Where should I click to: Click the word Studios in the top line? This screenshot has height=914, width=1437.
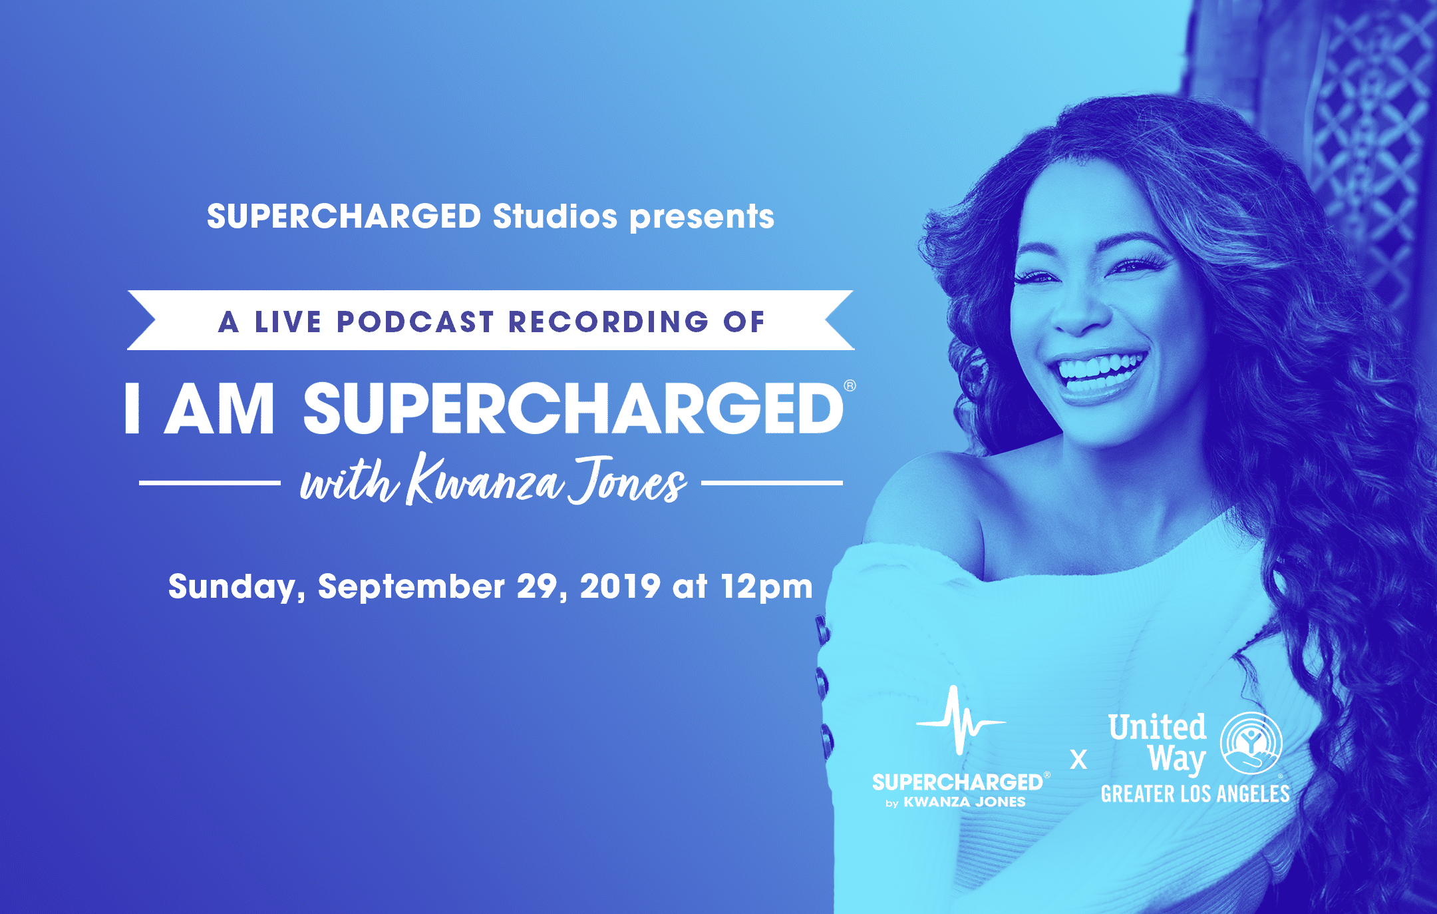tap(555, 216)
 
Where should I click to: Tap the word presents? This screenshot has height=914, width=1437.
tap(702, 218)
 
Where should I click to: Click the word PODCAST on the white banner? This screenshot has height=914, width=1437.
tap(415, 322)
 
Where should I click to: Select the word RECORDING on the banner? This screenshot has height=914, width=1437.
tap(609, 322)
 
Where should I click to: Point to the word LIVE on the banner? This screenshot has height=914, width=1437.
tap(288, 322)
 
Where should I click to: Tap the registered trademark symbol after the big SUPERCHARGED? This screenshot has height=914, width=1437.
tap(850, 385)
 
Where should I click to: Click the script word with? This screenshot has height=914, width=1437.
tap(349, 481)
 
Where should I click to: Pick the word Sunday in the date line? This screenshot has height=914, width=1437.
tap(236, 587)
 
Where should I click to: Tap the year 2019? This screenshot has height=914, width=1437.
tap(620, 586)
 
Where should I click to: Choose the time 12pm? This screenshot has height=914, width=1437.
tap(767, 587)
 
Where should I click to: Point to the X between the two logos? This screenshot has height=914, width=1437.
tap(1078, 760)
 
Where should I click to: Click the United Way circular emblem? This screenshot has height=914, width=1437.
tap(1251, 743)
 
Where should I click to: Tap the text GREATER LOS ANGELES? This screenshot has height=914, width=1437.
tap(1195, 794)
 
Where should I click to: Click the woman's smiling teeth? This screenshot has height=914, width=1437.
tap(1099, 369)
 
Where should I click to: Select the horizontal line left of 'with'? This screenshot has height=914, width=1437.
tap(210, 483)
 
